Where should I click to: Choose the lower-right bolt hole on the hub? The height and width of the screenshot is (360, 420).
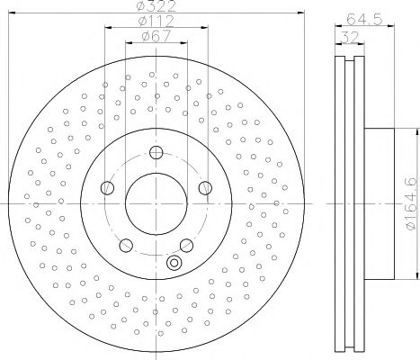tap(187, 245)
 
